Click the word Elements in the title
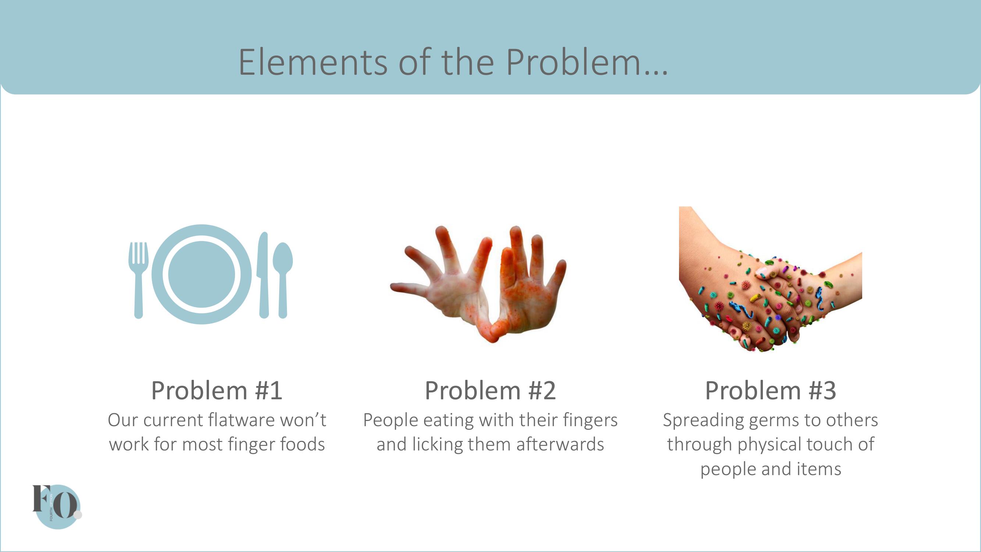tap(313, 62)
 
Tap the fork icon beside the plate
tap(139, 280)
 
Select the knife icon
tap(263, 275)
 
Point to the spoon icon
tap(283, 280)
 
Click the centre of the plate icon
tap(202, 274)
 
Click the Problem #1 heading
tap(217, 390)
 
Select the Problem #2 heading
tap(490, 390)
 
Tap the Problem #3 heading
tap(770, 390)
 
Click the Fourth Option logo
tap(57, 507)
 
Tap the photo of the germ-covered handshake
tap(770, 279)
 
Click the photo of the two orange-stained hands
tap(478, 284)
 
